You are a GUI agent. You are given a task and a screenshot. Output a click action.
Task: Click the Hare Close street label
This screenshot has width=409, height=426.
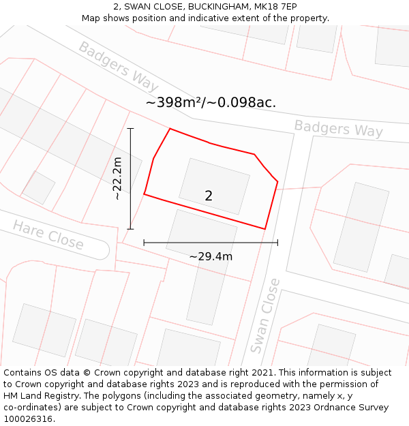tap(48, 235)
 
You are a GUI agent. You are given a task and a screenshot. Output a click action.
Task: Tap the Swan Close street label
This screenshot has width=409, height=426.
tap(265, 316)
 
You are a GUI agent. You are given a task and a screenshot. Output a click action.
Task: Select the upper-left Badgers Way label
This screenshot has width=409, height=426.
tap(118, 66)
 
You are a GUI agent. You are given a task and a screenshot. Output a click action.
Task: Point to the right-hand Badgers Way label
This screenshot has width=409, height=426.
tap(338, 128)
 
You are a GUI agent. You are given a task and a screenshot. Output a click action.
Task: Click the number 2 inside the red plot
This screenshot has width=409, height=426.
tap(209, 196)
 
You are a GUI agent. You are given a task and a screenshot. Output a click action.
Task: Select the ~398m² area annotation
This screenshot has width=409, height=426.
tap(211, 103)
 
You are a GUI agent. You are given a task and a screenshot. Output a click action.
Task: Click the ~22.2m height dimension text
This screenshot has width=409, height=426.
tap(117, 179)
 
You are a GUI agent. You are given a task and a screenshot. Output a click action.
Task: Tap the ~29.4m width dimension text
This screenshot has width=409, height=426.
tap(211, 257)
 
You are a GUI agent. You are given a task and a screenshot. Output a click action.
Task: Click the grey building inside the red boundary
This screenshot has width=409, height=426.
tap(214, 185)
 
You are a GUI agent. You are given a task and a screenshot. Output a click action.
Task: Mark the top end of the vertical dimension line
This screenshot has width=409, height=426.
tap(130, 128)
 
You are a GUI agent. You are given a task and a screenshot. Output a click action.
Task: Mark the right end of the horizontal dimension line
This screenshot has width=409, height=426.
tap(277, 242)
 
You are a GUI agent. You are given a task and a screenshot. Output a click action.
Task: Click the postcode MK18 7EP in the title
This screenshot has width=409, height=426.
tap(275, 7)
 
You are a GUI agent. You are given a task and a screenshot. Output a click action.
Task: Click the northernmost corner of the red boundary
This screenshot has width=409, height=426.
tap(170, 129)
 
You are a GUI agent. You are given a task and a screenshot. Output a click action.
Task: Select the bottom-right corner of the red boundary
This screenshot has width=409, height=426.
tap(264, 229)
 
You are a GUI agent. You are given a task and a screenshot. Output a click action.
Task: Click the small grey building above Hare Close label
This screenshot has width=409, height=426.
tap(39, 187)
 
